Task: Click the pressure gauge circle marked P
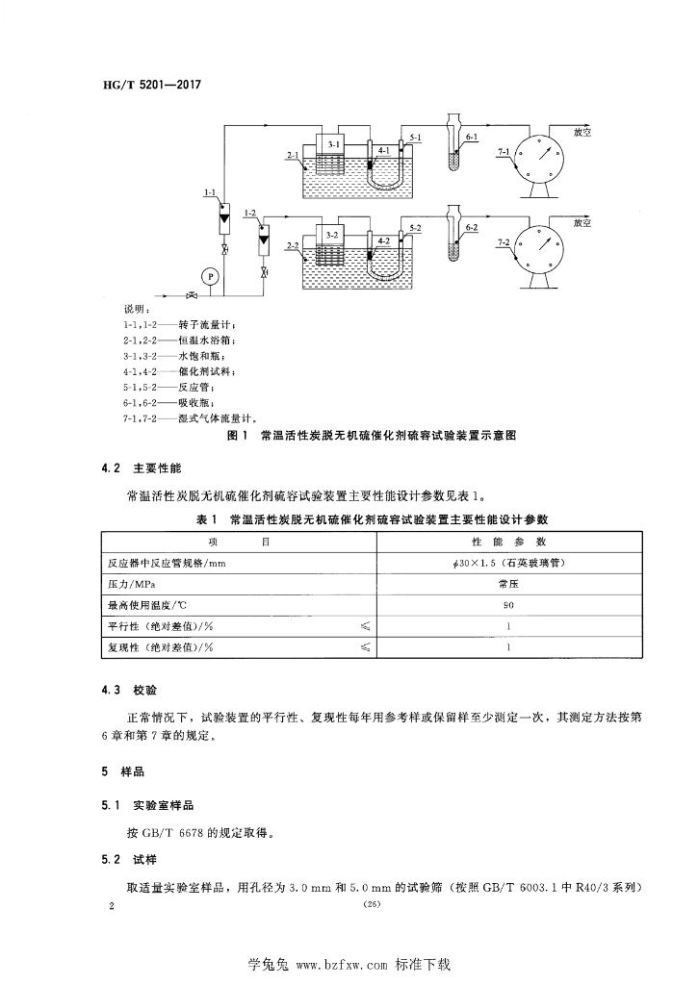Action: click(x=213, y=275)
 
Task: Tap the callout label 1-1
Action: click(x=210, y=193)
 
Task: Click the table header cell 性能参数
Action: click(x=507, y=543)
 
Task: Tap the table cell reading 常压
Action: click(x=507, y=584)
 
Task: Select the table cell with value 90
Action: click(x=507, y=605)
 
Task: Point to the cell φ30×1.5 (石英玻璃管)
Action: click(x=507, y=563)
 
